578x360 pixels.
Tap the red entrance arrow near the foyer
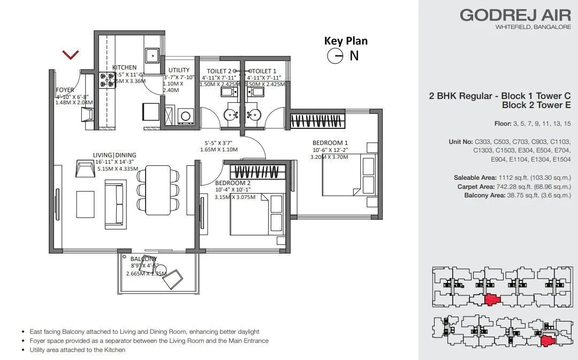pos(71,54)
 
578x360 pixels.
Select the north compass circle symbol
pos(335,56)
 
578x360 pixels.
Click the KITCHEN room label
pos(124,67)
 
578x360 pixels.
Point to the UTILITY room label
pos(179,70)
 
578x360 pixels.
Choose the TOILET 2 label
pos(219,71)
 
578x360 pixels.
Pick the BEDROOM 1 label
pos(330,143)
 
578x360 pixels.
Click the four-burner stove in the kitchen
pos(107,80)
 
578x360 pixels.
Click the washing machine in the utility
pos(186,115)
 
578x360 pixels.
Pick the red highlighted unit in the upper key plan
pos(492,299)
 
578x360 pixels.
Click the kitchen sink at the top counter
pos(152,54)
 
